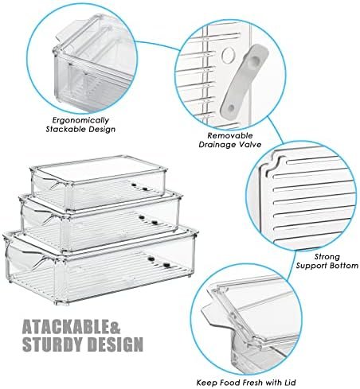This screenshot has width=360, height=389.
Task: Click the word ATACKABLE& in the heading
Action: click(x=71, y=327)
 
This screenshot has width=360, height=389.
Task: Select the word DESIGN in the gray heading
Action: click(x=115, y=344)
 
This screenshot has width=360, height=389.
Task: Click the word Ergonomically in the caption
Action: click(x=80, y=120)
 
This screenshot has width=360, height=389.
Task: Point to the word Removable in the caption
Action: click(x=230, y=135)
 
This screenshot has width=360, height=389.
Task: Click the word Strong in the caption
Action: click(x=327, y=257)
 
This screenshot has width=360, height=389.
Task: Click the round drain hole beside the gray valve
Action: click(x=229, y=55)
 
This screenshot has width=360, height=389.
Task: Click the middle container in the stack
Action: click(x=100, y=222)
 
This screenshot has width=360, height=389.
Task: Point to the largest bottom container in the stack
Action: click(x=100, y=267)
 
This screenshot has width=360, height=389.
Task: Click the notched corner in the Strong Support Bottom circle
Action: click(x=273, y=164)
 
